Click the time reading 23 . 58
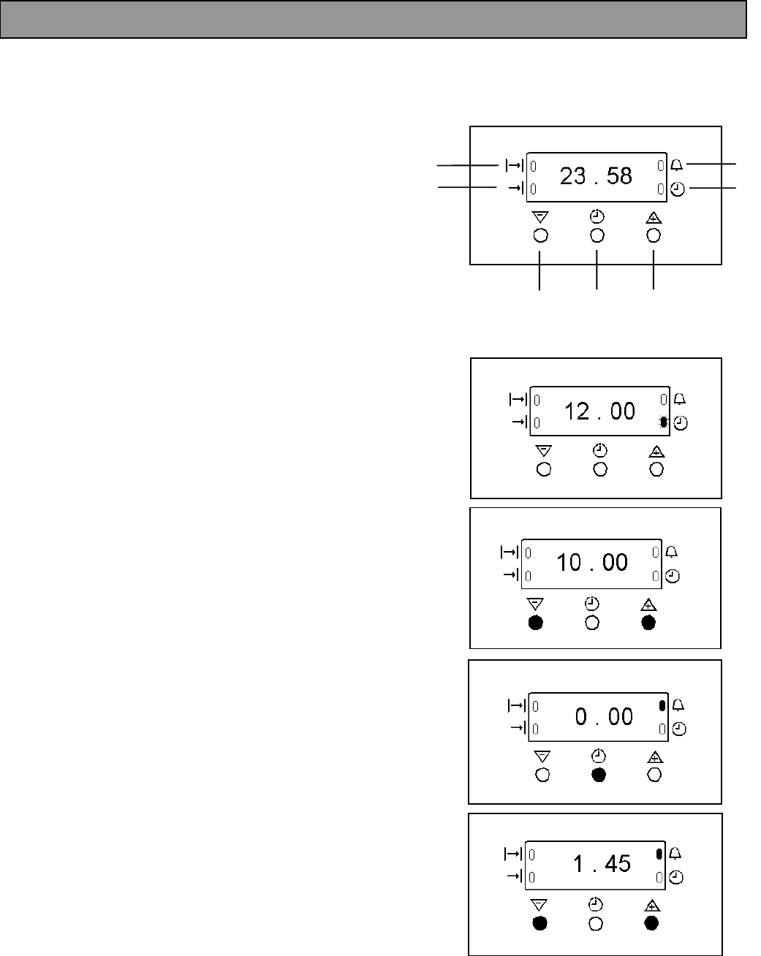coord(596,176)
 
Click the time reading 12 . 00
coord(599,411)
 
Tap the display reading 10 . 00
coord(591,562)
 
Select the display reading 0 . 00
coord(604,716)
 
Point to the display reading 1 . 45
coord(602,864)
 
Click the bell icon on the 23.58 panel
coord(677,166)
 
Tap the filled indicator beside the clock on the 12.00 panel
coord(663,422)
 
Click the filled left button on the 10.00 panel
coord(536,623)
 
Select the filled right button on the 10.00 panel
coord(648,623)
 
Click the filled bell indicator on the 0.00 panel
coord(662,706)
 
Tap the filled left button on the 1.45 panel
coord(539,923)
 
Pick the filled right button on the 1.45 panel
coord(651,923)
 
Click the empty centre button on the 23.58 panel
coord(597,235)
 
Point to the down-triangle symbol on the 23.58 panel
coord(540,217)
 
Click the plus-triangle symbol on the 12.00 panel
coord(656,451)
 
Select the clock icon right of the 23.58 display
coord(678,190)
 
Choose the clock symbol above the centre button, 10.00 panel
coord(592,604)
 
